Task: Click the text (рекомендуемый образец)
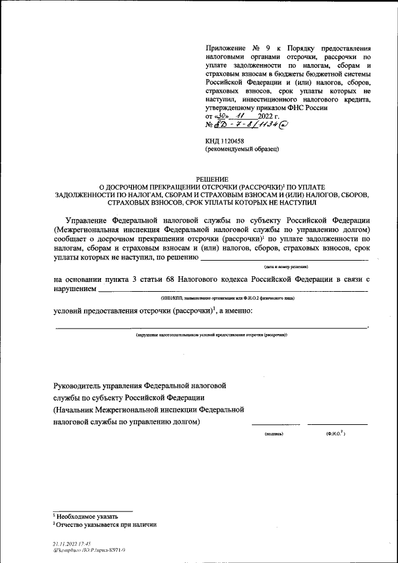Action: click(242, 150)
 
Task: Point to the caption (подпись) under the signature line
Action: click(274, 433)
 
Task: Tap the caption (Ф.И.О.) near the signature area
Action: click(335, 433)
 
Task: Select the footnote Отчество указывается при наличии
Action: click(106, 524)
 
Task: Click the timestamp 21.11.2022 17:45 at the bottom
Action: click(72, 543)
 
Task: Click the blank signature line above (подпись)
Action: click(275, 425)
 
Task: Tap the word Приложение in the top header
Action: click(227, 48)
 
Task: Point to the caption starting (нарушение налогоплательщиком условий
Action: click(211, 335)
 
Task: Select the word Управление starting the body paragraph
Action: click(90, 220)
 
